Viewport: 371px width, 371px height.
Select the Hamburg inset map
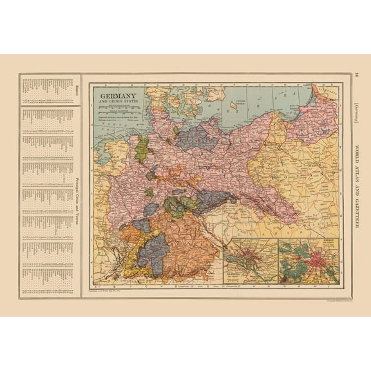click(x=254, y=261)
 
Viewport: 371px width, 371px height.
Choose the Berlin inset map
click(x=310, y=261)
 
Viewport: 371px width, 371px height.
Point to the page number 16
click(x=357, y=77)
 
